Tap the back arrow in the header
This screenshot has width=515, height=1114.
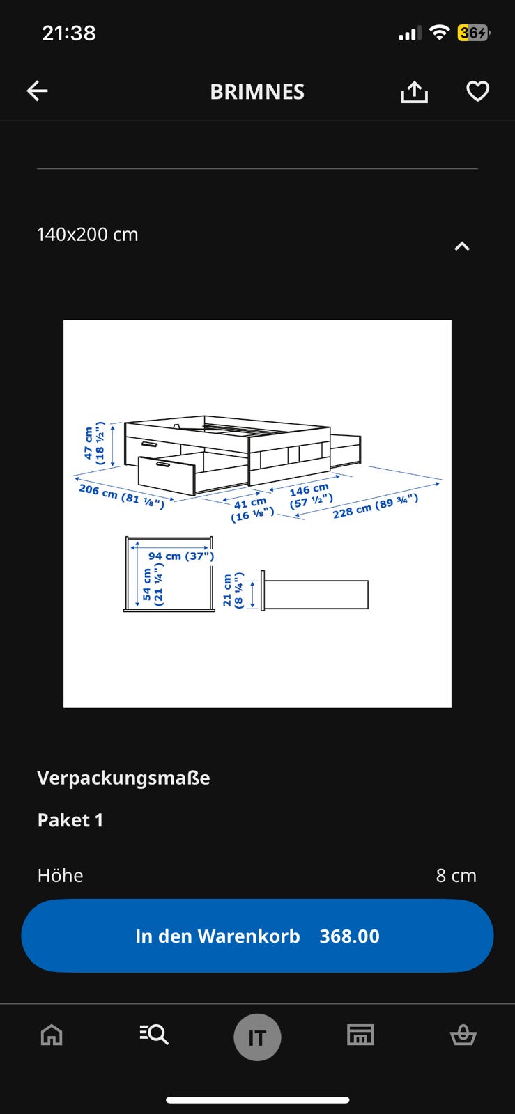click(x=38, y=91)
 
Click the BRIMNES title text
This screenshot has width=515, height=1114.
click(x=257, y=92)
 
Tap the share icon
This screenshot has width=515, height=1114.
click(x=414, y=92)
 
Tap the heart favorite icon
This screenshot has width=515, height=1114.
click(x=477, y=91)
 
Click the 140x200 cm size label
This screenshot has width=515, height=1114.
click(x=88, y=235)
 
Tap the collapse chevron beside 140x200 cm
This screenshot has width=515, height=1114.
click(x=462, y=246)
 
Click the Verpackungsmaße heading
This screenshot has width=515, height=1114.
click(x=123, y=778)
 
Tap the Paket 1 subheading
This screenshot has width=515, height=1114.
click(x=70, y=820)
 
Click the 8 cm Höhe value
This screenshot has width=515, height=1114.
click(x=456, y=876)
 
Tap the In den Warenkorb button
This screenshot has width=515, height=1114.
click(x=257, y=936)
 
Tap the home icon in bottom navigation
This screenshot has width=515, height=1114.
click(x=52, y=1035)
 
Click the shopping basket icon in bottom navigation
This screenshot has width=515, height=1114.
click(x=463, y=1035)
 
